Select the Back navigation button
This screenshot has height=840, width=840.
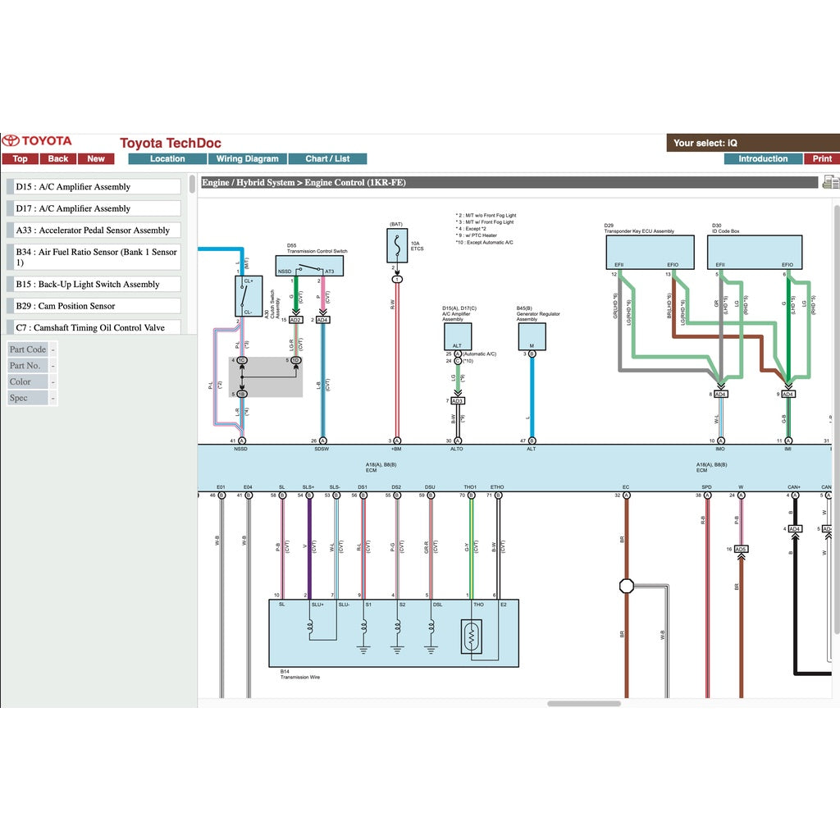point(58,159)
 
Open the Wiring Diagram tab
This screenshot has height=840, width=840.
point(248,159)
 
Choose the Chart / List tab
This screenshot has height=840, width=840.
point(327,159)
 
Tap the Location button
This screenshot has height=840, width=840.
point(167,159)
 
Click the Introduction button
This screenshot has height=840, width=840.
point(762,159)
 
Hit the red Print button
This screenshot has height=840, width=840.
point(822,159)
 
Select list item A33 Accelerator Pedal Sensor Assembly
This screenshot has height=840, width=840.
point(97,231)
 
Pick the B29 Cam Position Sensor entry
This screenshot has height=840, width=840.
point(97,306)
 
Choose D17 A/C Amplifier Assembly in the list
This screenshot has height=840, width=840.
point(97,209)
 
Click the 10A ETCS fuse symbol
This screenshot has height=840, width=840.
point(397,245)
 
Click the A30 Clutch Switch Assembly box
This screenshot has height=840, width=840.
point(248,296)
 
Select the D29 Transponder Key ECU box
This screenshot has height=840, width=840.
point(648,253)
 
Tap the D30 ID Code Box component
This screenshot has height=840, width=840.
point(755,253)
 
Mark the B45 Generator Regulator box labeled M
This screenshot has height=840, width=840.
point(532,336)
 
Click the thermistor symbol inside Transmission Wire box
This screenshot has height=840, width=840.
point(472,636)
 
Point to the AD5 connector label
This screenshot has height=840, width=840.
point(741,549)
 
